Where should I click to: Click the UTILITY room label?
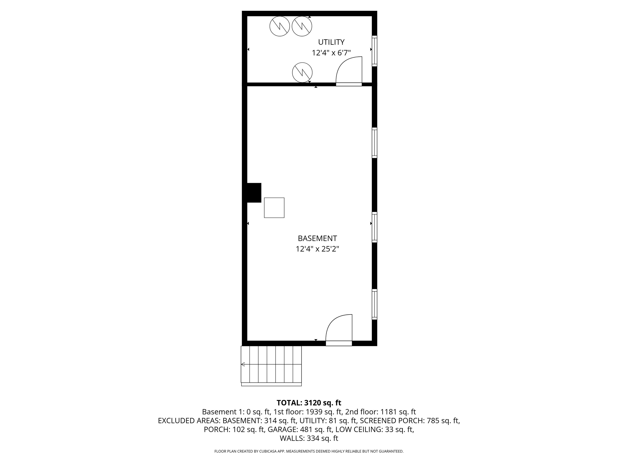pos(331,42)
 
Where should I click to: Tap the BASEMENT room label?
pos(317,239)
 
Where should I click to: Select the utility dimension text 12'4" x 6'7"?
pos(331,53)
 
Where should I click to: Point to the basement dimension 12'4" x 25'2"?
pos(317,249)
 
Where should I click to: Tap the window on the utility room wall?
pos(375,51)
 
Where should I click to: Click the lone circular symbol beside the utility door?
pos(302,72)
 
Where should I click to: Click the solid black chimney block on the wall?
pos(254,193)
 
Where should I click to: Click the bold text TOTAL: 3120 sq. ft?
pos(309,403)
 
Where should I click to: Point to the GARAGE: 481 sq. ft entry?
pos(300,430)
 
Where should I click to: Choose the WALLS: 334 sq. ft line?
pos(309,438)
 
